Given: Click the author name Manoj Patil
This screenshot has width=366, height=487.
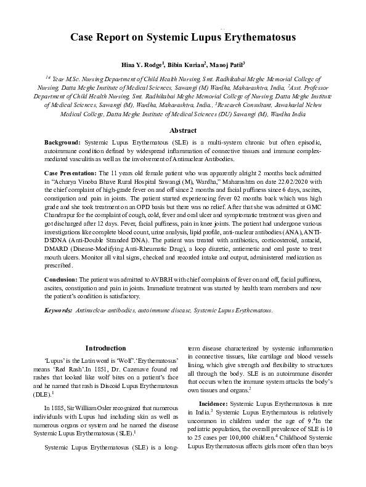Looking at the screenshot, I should coord(225,64).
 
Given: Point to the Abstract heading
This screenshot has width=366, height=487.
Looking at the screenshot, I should coord(183,130).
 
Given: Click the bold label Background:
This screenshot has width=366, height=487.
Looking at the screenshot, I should coord(63,142).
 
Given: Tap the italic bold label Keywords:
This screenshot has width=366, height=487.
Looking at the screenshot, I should coord(58,312).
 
